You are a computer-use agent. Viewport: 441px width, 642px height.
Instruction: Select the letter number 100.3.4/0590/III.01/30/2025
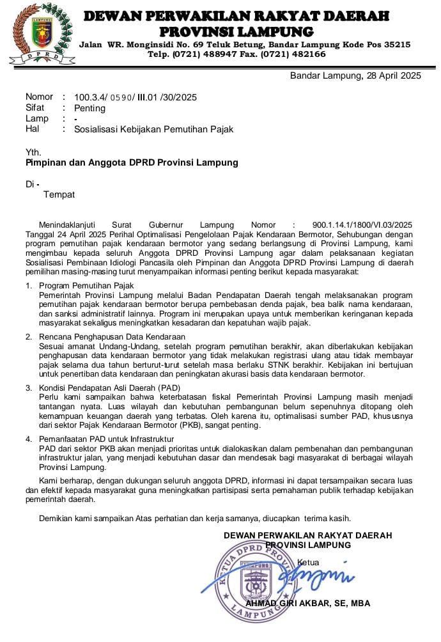pos(135,97)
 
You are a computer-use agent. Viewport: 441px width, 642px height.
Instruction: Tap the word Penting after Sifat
pos(89,108)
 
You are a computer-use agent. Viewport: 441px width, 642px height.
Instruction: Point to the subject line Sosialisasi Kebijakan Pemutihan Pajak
pos(154,129)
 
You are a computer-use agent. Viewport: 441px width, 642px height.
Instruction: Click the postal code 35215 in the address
pos(396,44)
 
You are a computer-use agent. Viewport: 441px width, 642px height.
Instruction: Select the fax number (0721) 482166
pos(295,54)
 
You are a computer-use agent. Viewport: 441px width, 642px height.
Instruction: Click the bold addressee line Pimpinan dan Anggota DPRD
pos(132,162)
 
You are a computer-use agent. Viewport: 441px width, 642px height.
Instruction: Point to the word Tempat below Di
pos(59,194)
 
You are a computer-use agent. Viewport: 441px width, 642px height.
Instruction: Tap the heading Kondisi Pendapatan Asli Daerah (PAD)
pos(109,388)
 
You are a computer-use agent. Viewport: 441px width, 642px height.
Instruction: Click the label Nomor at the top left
pos(39,97)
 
